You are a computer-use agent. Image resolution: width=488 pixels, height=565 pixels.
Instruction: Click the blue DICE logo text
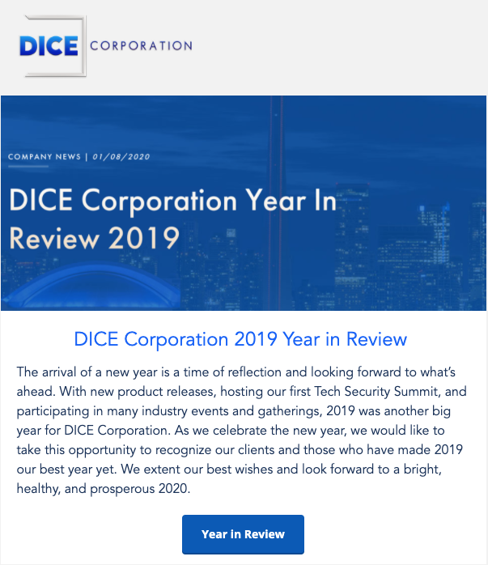[49, 46]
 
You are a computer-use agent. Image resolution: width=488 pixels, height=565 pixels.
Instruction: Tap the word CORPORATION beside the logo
[141, 46]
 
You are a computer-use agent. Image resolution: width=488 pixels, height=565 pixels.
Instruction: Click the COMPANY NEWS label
[45, 157]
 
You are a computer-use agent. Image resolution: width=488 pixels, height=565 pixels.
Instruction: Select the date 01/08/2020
[121, 157]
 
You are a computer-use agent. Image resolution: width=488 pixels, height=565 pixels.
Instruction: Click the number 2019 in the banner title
[144, 238]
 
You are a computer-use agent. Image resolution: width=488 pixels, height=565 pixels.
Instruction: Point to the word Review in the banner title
[54, 238]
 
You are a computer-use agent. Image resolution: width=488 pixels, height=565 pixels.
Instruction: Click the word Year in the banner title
[276, 201]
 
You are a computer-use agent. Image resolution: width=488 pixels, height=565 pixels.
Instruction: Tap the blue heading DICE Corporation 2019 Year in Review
[240, 339]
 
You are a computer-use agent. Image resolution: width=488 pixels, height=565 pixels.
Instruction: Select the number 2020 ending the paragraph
[174, 489]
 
